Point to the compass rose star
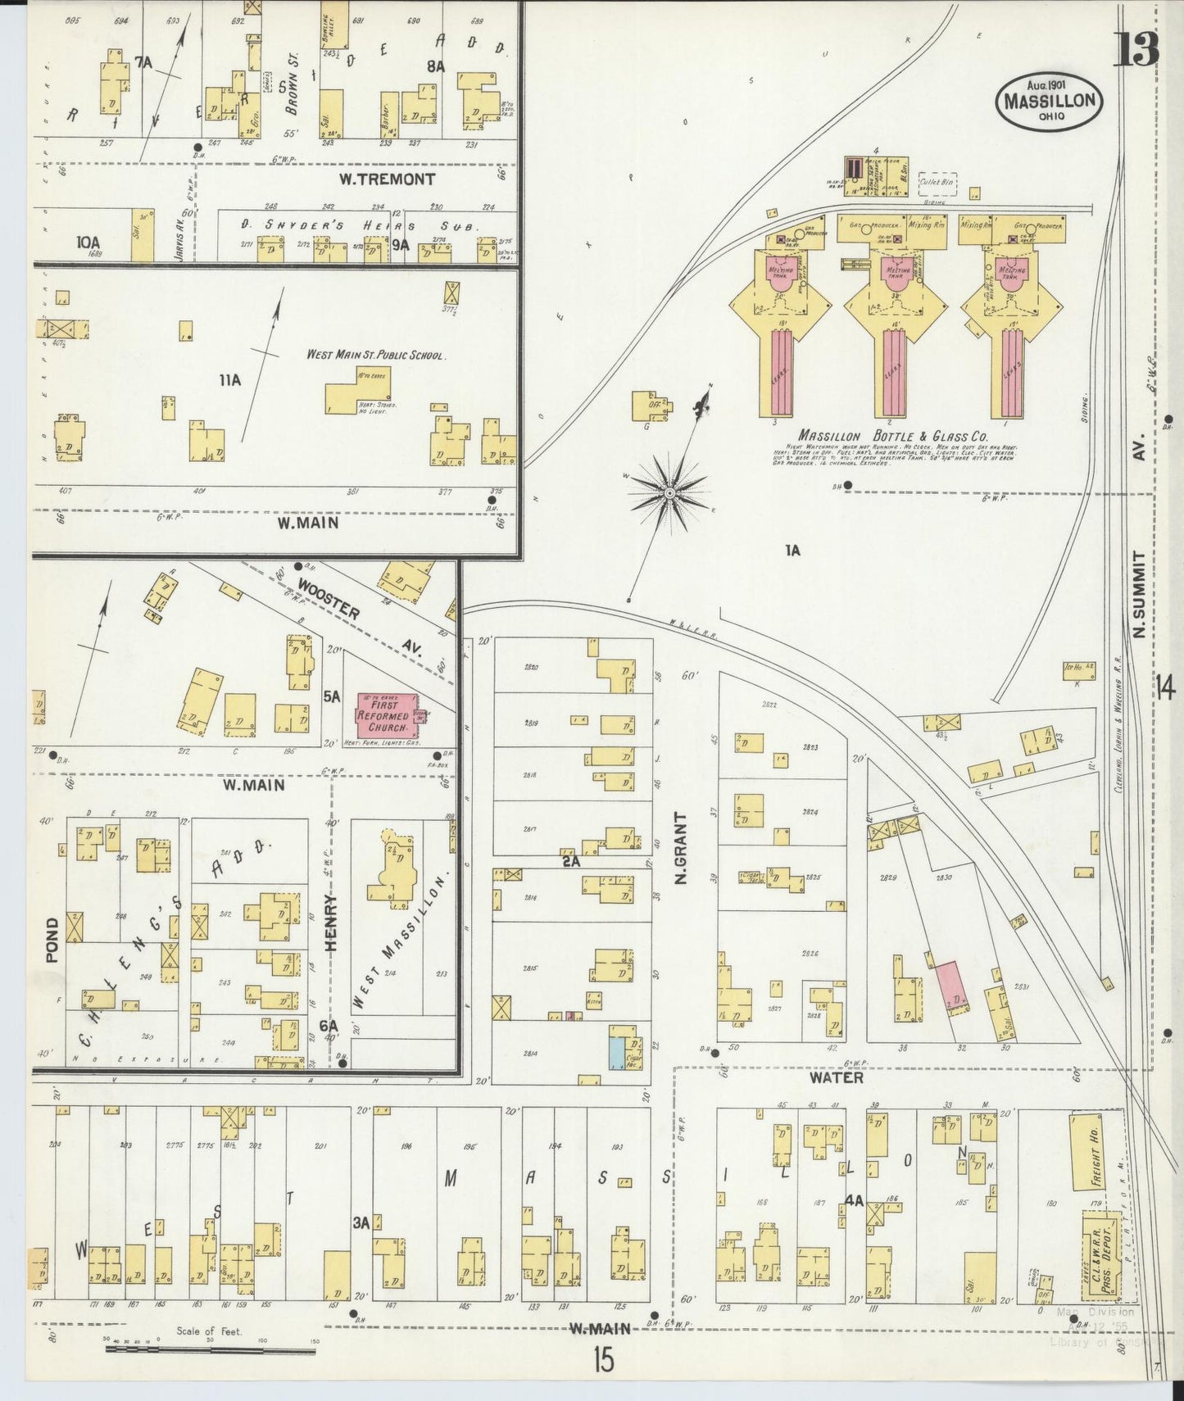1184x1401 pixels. [x=669, y=493]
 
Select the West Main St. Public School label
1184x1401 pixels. [x=375, y=356]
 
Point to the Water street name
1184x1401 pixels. [x=837, y=1077]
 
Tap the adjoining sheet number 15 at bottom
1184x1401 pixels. [x=603, y=1361]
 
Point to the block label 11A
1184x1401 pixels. [x=230, y=379]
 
